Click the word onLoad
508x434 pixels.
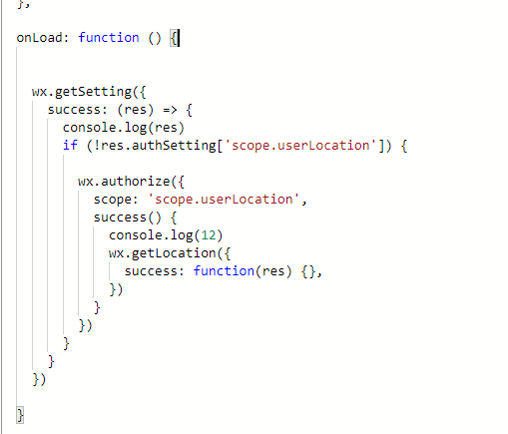39,38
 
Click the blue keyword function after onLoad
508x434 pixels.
109,38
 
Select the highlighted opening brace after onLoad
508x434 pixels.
174,38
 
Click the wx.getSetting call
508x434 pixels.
82,92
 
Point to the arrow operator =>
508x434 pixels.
170,110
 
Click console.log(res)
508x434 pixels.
124,128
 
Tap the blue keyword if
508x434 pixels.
70,146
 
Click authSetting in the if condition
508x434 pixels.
174,146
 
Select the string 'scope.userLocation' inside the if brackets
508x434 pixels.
300,145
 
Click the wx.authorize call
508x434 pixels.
124,182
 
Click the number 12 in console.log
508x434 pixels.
209,235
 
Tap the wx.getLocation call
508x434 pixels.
162,253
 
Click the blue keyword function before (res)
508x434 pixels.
224,271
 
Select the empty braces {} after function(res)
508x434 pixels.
308,271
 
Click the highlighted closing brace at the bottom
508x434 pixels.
20,415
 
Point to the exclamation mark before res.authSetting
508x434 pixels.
97,146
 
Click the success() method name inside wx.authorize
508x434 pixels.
120,217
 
